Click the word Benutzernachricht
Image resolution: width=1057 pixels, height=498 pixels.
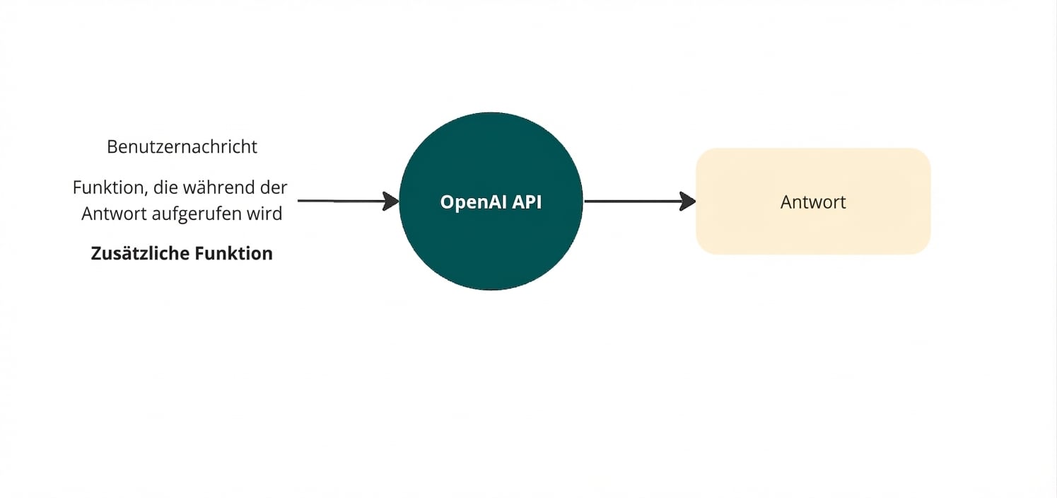(x=182, y=147)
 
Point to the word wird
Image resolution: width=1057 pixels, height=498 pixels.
(x=267, y=214)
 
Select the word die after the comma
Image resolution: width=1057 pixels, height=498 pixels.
(x=166, y=188)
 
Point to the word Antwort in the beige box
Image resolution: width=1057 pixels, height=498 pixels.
(x=813, y=202)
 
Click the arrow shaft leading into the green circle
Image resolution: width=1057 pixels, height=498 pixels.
(x=339, y=201)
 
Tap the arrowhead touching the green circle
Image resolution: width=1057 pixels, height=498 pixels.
(x=392, y=201)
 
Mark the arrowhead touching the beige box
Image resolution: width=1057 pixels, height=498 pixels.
(x=688, y=202)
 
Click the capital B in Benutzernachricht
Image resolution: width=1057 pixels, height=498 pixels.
(x=112, y=147)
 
